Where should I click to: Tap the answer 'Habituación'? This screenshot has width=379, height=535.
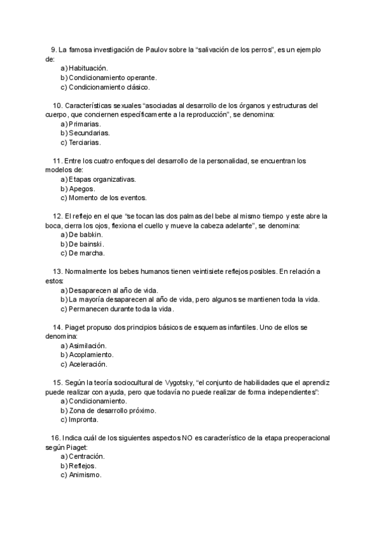[88, 68]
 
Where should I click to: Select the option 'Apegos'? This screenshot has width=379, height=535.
[81, 189]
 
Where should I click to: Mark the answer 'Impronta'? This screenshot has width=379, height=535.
[84, 420]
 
